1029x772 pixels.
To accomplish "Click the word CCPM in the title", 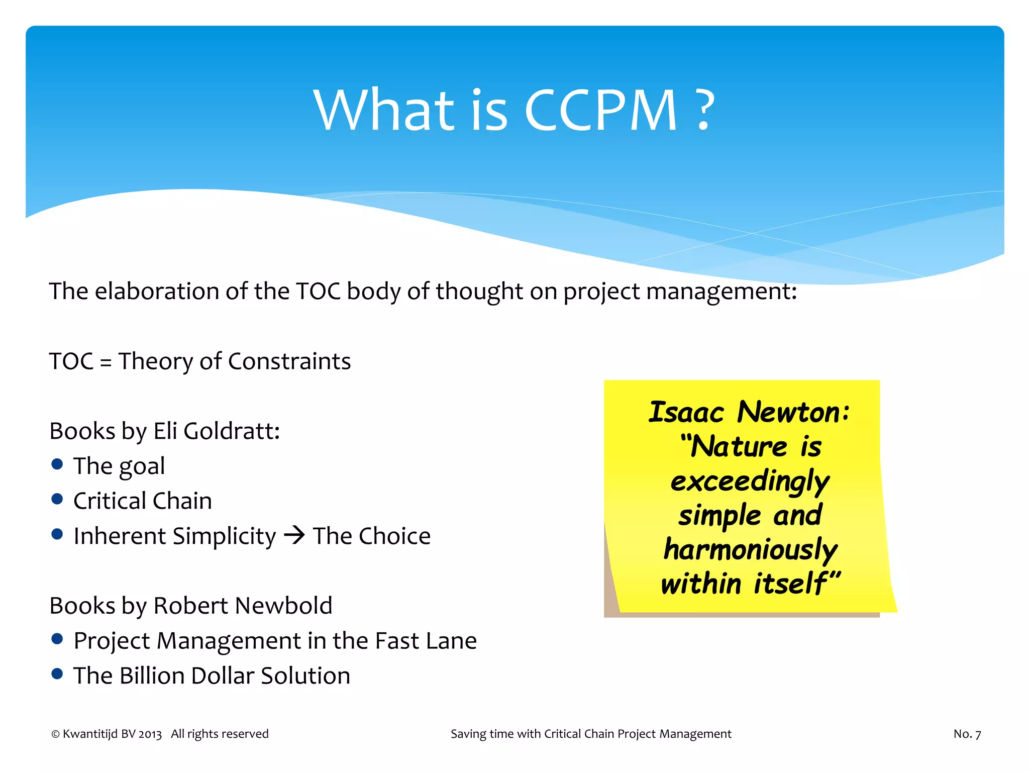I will coord(600,111).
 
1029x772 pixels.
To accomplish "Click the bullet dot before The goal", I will coord(57,464).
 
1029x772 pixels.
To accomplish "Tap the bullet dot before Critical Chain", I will coord(57,499).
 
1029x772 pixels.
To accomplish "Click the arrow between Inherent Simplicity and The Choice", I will coord(294,535).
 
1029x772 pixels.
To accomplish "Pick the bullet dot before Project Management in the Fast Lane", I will coord(57,639).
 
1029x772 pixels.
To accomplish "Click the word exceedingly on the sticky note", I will coord(750,481).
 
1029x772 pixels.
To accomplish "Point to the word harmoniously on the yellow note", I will coord(750,550).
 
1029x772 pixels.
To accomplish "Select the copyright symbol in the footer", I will coord(55,734).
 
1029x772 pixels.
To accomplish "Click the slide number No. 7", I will coord(967,734).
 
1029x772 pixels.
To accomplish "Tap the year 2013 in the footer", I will coord(150,734).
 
